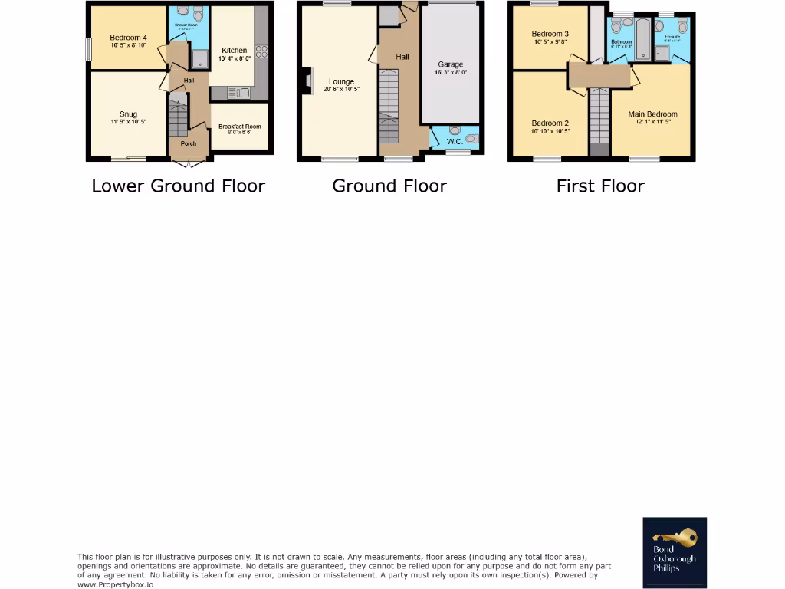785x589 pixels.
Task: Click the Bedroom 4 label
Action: pos(128,38)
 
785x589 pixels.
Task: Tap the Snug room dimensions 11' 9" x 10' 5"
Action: pos(128,122)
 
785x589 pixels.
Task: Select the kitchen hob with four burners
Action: pos(261,51)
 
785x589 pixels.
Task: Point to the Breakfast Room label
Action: pos(239,127)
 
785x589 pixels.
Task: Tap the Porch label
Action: pos(188,143)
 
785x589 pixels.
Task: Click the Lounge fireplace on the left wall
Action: pos(310,81)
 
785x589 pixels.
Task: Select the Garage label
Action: pos(451,64)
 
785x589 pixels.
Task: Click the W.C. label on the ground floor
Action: pos(455,141)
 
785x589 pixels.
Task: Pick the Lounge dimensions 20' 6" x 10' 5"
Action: pos(341,89)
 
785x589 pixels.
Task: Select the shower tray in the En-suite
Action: pos(662,52)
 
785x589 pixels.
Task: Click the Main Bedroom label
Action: pos(652,114)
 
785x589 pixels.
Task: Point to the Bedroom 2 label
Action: pos(550,123)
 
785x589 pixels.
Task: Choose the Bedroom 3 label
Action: pos(550,34)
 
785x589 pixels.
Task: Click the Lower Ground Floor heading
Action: pos(178,186)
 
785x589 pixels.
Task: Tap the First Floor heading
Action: pos(600,186)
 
